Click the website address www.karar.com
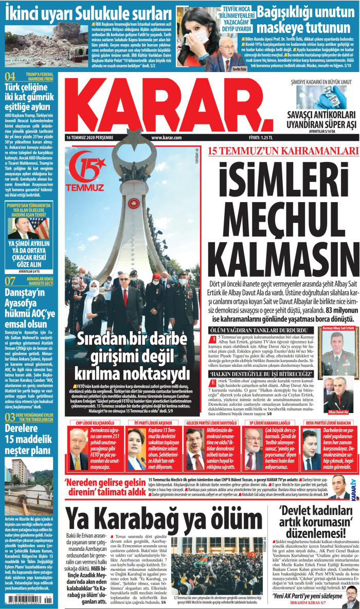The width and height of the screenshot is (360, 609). [167, 138]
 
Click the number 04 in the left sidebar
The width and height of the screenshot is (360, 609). [10, 77]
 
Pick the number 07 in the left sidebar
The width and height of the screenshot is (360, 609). [10, 281]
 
